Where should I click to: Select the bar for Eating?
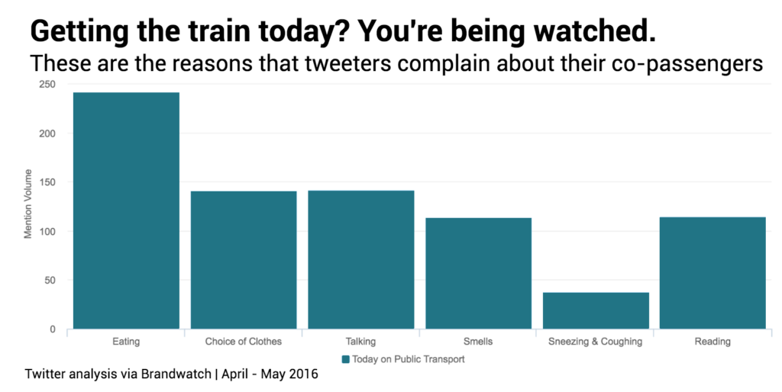126,210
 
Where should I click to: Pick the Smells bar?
478,273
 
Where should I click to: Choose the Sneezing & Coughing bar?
596,310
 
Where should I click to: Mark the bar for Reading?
713,273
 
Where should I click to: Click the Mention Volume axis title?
28,204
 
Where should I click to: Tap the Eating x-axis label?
126,342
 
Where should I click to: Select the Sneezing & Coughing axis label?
596,342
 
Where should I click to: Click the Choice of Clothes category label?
244,342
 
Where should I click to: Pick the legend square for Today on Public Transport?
345,358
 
